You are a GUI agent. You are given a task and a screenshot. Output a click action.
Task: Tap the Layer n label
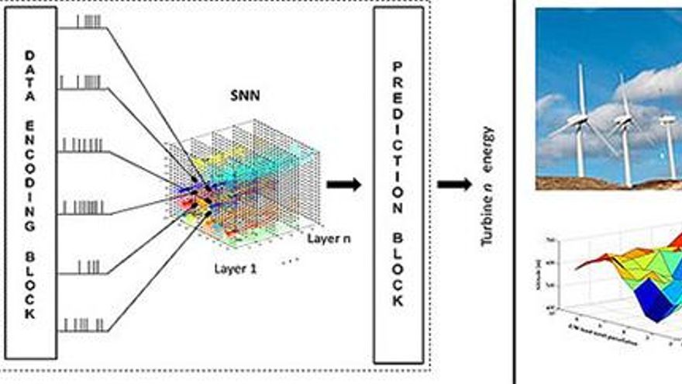point(328,237)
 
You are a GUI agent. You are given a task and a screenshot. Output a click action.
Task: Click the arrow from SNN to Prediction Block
point(343,185)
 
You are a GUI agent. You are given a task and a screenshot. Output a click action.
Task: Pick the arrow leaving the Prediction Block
point(454,185)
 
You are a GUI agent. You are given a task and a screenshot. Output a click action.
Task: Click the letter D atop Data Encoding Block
point(30,56)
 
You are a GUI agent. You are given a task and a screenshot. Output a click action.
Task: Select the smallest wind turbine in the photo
point(667,140)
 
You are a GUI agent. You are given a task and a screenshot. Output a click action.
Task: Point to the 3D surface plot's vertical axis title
point(549,272)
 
